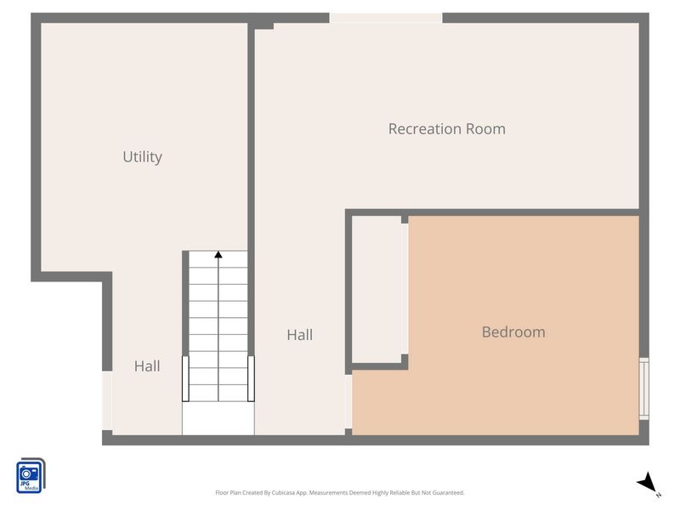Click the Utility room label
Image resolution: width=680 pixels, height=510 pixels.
pyautogui.click(x=142, y=157)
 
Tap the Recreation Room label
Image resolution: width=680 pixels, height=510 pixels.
pyautogui.click(x=447, y=129)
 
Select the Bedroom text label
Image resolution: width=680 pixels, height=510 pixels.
pyautogui.click(x=513, y=331)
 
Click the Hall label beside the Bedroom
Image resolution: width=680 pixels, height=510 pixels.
pyautogui.click(x=300, y=335)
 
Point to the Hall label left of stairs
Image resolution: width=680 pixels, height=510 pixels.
pyautogui.click(x=147, y=366)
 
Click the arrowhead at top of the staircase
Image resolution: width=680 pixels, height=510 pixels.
pyautogui.click(x=218, y=254)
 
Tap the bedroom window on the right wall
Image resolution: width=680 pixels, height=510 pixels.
pyautogui.click(x=644, y=388)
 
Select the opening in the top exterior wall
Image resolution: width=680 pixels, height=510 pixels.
pyautogui.click(x=386, y=18)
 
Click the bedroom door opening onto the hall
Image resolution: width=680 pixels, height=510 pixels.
pyautogui.click(x=348, y=401)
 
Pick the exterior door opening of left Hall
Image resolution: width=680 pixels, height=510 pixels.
pyautogui.click(x=107, y=400)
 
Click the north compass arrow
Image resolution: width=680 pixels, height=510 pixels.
pyautogui.click(x=647, y=482)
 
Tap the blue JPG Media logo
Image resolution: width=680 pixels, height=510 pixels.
pyautogui.click(x=31, y=475)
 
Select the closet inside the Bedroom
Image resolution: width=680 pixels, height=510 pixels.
pyautogui.click(x=377, y=289)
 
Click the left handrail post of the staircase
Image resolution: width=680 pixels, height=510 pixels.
pyautogui.click(x=185, y=378)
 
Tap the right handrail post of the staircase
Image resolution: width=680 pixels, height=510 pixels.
pyautogui.click(x=251, y=378)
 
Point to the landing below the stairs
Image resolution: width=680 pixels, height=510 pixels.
pyautogui.click(x=218, y=418)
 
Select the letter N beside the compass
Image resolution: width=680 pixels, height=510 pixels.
pyautogui.click(x=658, y=495)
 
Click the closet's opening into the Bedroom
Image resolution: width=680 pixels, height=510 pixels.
pyautogui.click(x=405, y=289)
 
